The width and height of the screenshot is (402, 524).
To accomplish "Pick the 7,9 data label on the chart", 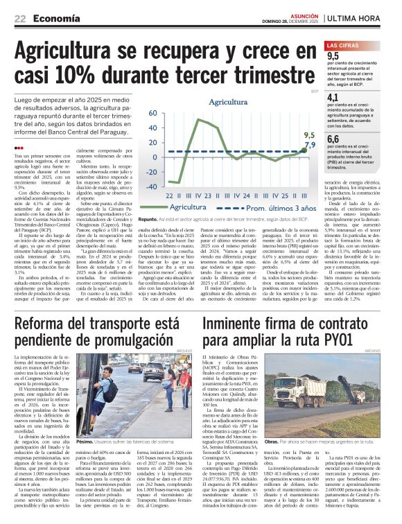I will [x=310, y=145].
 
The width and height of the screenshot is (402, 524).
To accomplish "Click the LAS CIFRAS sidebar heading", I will [x=344, y=45].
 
